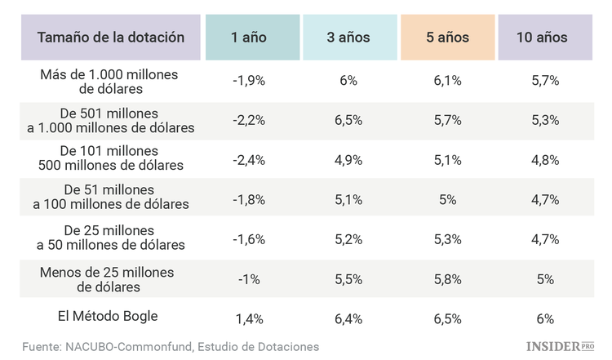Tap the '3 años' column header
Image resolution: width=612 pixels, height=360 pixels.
[x=348, y=37]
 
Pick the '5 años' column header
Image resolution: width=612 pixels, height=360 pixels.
[x=447, y=37]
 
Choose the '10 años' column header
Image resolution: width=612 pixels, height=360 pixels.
[x=545, y=37]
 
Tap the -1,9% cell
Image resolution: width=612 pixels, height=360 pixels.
[x=249, y=81]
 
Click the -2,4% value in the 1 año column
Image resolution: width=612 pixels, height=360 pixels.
[x=249, y=160]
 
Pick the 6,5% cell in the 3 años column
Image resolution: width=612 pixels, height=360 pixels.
[x=348, y=120]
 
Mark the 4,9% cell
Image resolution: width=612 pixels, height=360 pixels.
[x=348, y=160]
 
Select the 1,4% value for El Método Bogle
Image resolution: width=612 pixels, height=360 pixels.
[x=249, y=319]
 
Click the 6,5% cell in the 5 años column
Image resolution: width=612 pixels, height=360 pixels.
[x=447, y=319]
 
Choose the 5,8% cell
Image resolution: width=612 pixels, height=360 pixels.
[x=447, y=279]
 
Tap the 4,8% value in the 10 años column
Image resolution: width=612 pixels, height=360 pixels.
[x=545, y=160]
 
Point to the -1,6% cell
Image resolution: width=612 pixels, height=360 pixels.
[x=249, y=239]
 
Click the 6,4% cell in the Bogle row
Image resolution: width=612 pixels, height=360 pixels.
[x=348, y=319]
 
